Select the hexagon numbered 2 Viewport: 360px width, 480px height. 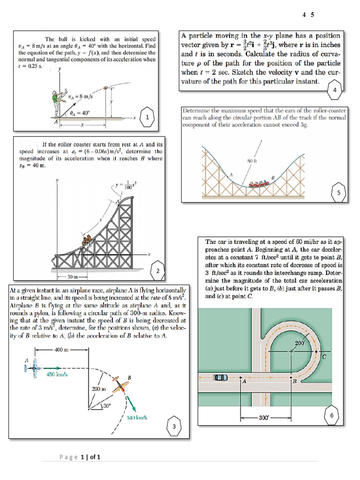pyautogui.click(x=158, y=270)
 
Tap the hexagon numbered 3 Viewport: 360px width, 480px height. pyautogui.click(x=174, y=427)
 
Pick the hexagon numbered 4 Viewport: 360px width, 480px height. pyautogui.click(x=334, y=90)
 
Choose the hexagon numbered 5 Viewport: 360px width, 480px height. pyautogui.click(x=338, y=192)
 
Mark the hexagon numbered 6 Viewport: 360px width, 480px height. pyautogui.click(x=331, y=415)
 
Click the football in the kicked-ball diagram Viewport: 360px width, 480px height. pyautogui.click(x=106, y=87)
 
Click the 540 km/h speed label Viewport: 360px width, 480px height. pyautogui.click(x=137, y=417)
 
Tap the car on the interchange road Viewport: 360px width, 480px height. pyautogui.click(x=219, y=377)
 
